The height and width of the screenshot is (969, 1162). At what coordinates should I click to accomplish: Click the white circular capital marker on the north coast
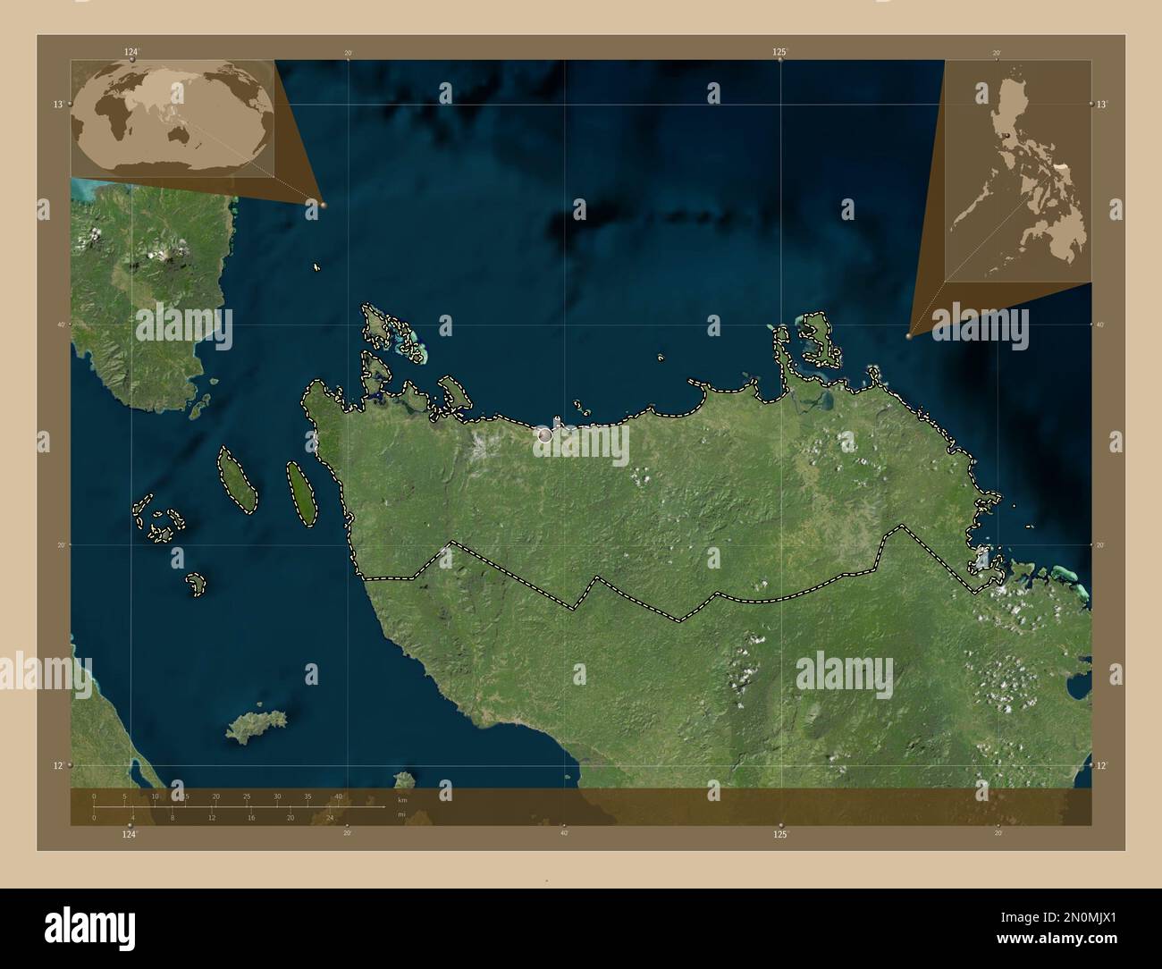[x=544, y=435]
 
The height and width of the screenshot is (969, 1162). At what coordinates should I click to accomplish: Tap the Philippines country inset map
[x=1019, y=172]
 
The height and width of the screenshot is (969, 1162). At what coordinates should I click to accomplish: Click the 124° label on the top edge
[x=131, y=52]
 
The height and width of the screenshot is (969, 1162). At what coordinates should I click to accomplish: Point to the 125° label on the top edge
[x=780, y=52]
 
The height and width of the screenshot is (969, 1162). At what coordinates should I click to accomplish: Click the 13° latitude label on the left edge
[x=57, y=105]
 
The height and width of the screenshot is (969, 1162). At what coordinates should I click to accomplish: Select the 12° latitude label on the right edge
[x=1102, y=765]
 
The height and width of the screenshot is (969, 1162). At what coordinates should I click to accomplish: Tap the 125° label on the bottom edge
[x=780, y=834]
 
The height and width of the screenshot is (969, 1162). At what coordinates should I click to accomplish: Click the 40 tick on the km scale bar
[x=338, y=796]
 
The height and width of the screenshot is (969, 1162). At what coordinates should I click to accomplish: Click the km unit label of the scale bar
[x=402, y=800]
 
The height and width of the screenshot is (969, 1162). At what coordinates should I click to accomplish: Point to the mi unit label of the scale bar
[x=402, y=813]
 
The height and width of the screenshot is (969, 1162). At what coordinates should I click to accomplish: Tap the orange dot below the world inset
[x=323, y=205]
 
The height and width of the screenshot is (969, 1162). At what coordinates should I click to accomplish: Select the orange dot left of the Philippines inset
[x=908, y=336]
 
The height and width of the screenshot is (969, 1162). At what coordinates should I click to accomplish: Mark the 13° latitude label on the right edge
[x=1102, y=105]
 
